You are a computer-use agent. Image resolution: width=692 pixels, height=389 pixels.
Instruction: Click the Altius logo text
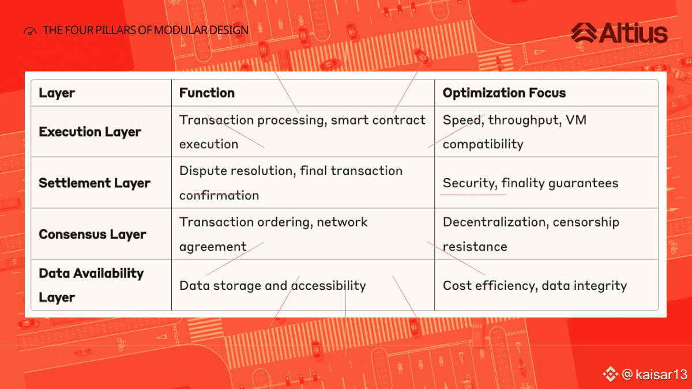coord(633,33)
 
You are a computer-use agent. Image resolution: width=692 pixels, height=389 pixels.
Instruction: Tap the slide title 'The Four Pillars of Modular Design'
coord(145,30)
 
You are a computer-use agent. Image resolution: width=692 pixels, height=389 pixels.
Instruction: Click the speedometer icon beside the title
coord(30,31)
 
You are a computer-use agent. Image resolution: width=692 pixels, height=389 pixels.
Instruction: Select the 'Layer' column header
coord(57,93)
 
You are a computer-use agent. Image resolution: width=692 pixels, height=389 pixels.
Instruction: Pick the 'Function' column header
coord(207,93)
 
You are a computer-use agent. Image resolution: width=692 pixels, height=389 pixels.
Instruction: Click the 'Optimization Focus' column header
coord(504,93)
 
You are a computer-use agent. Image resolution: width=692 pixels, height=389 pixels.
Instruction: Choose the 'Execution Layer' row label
coord(90,132)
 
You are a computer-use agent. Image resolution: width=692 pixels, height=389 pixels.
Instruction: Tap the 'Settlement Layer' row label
coord(95,183)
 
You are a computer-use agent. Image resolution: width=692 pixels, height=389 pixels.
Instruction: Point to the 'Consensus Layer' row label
coord(92,235)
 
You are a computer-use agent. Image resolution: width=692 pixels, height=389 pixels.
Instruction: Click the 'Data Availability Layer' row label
coord(91,285)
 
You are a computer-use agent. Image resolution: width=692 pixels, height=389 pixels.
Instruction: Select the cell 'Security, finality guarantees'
coord(531,183)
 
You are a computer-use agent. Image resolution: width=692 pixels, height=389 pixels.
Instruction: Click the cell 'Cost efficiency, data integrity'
coord(535,286)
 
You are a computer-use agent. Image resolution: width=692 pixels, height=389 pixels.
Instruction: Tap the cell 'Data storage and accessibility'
coord(272,286)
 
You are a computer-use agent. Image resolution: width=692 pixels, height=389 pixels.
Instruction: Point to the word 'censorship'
coord(586,222)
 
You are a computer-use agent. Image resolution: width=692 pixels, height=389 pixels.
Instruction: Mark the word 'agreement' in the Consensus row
coord(213,247)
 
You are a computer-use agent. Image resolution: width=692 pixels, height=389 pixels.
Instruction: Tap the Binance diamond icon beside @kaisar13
coord(610,374)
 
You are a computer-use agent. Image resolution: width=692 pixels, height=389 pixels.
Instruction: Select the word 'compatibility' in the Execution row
coord(483,145)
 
